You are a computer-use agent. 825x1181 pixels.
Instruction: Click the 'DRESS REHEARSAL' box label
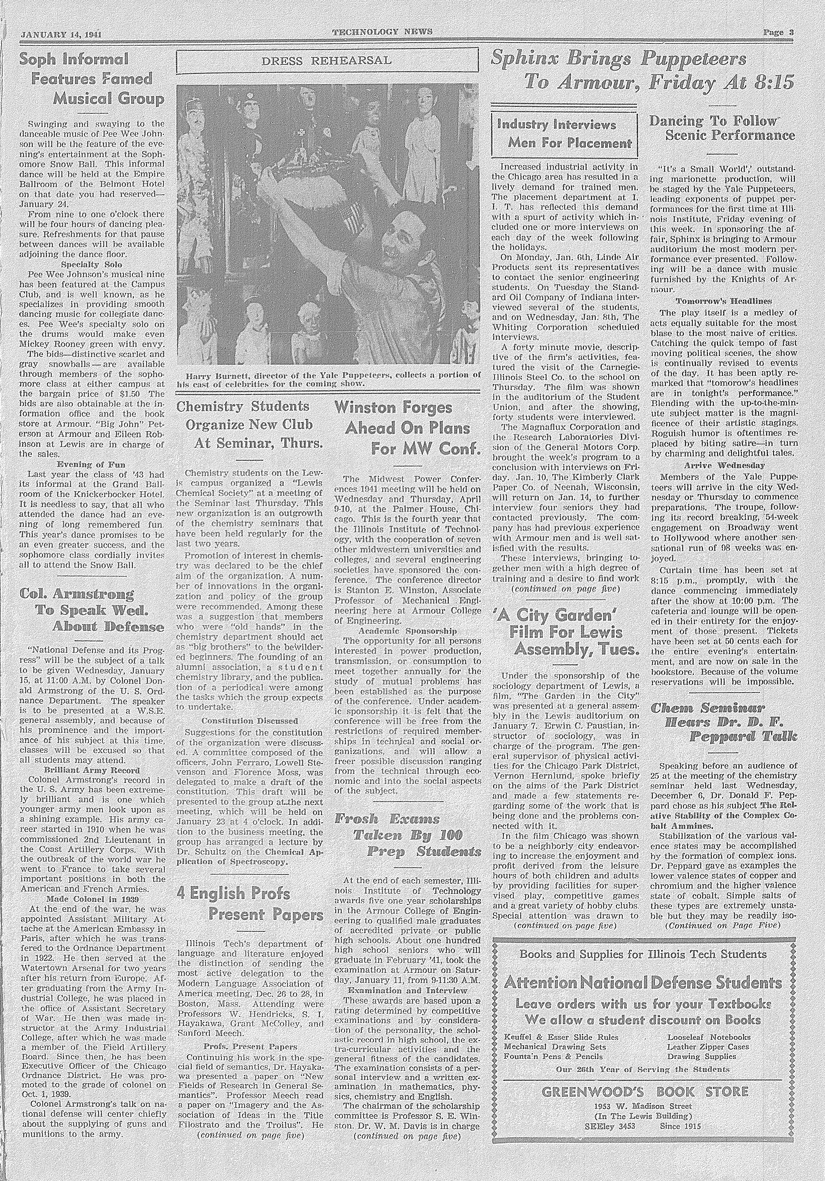(x=327, y=61)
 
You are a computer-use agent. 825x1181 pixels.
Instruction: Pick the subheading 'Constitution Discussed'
(x=250, y=721)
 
